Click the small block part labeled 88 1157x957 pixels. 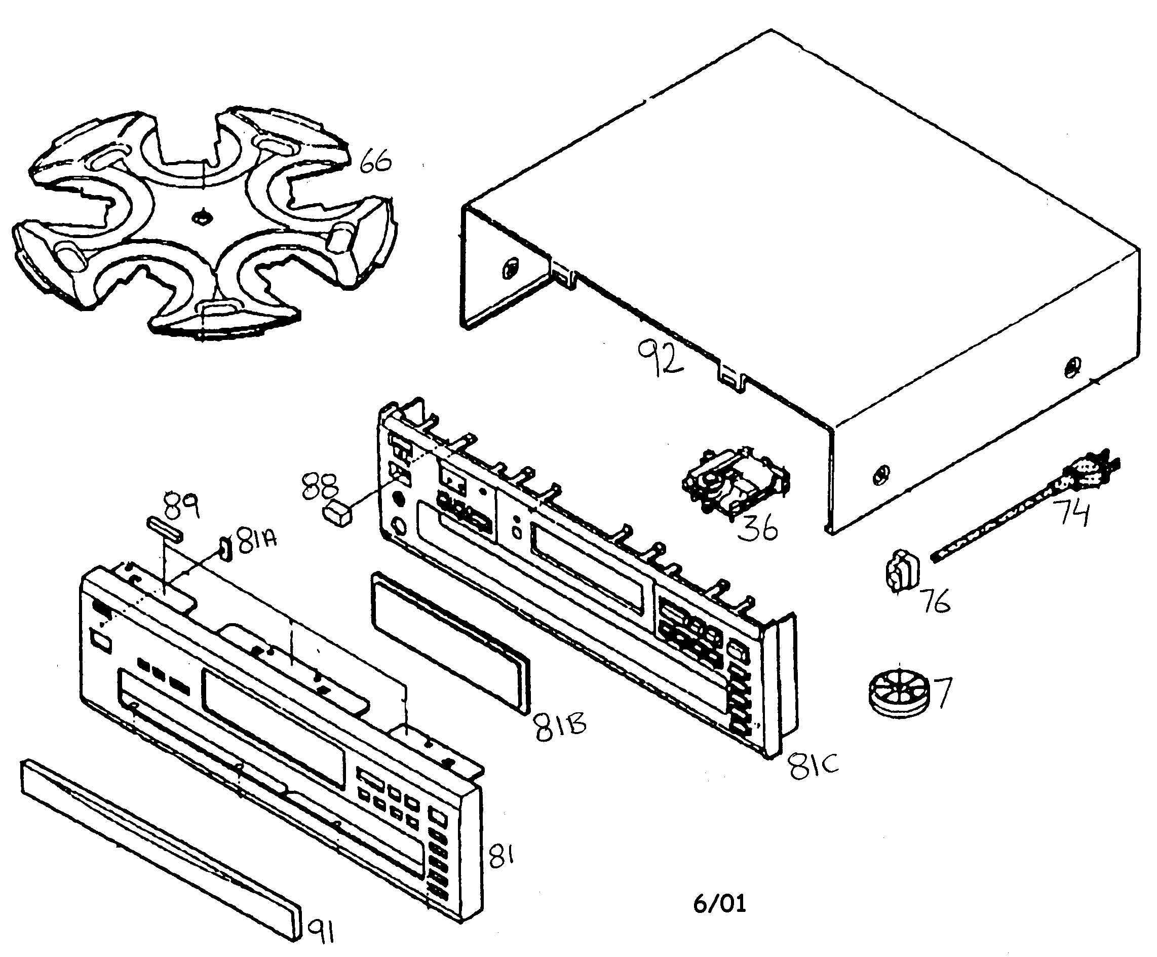pyautogui.click(x=338, y=514)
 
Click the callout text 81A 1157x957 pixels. pyautogui.click(x=256, y=540)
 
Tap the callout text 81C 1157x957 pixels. pyautogui.click(x=813, y=766)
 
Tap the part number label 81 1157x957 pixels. pyautogui.click(x=501, y=856)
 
